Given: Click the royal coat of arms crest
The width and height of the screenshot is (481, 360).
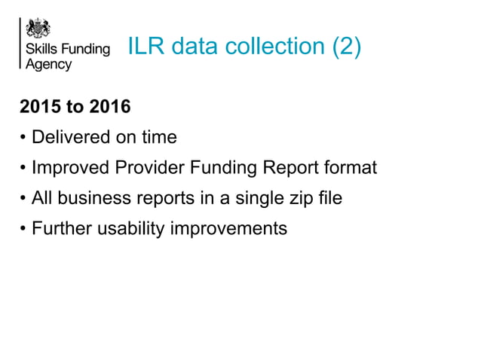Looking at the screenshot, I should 38,29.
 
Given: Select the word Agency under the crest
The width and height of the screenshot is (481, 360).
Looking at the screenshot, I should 49,65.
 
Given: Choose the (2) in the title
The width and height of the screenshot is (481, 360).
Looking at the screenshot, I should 345,47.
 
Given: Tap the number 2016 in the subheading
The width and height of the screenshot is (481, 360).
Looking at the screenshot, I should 110,107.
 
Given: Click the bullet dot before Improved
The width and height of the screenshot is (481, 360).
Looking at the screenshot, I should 24,168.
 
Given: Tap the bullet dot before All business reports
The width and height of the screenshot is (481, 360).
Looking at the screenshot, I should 24,199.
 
